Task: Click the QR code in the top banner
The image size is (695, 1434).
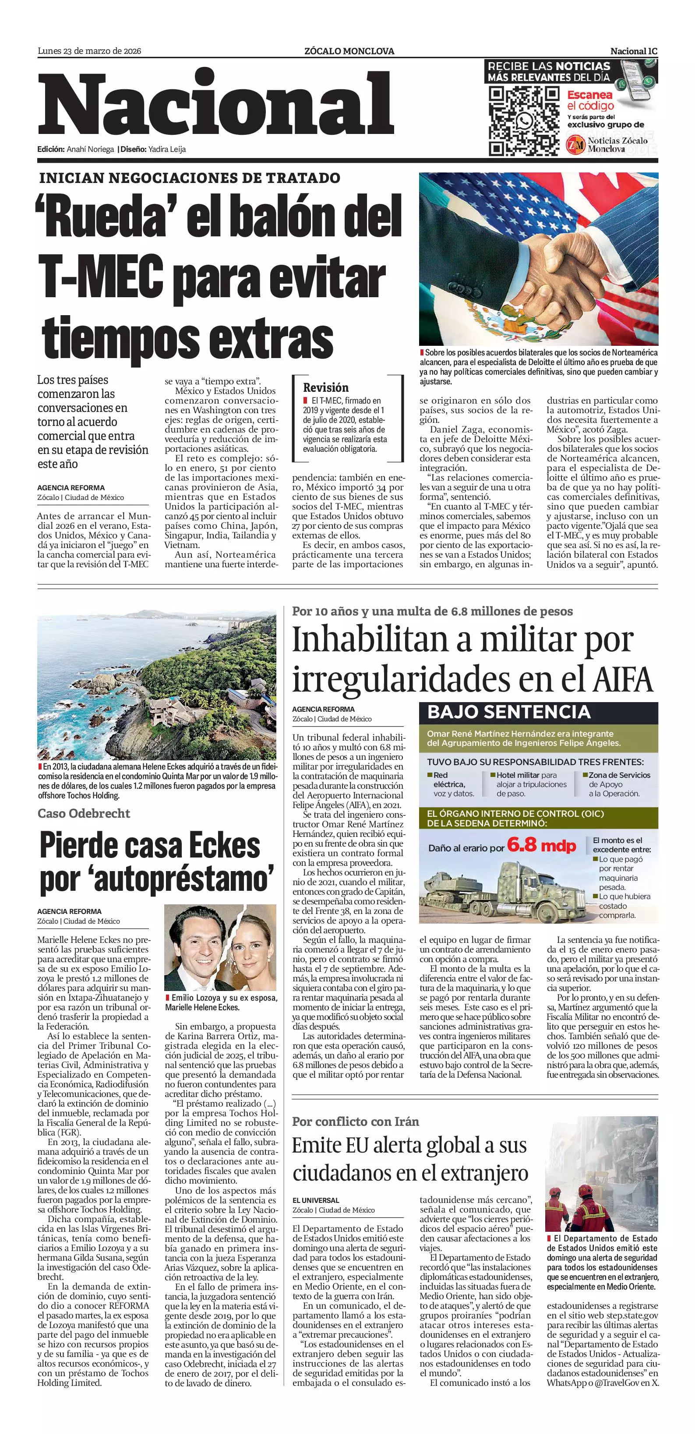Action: pyautogui.click(x=523, y=120)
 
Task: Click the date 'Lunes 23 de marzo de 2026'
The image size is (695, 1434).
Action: pyautogui.click(x=89, y=51)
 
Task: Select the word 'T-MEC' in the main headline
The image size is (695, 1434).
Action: pyautogui.click(x=100, y=277)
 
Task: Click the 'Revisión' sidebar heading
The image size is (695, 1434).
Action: pyautogui.click(x=326, y=387)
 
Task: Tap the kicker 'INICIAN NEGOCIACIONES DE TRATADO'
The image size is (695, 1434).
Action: pyautogui.click(x=189, y=178)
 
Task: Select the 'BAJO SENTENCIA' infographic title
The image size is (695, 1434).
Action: pyautogui.click(x=508, y=712)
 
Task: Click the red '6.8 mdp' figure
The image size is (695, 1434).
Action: pyautogui.click(x=541, y=846)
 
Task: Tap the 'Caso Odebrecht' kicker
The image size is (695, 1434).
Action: pyautogui.click(x=84, y=813)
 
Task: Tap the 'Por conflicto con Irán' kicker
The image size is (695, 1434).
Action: pyautogui.click(x=355, y=1121)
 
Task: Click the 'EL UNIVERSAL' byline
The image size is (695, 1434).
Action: pyautogui.click(x=316, y=1200)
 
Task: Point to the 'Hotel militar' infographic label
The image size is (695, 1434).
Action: pyautogui.click(x=518, y=775)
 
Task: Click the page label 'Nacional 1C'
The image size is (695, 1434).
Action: pyautogui.click(x=634, y=51)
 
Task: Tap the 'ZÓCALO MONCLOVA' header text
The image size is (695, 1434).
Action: pyautogui.click(x=349, y=51)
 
